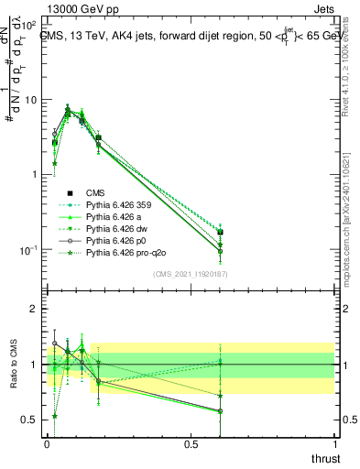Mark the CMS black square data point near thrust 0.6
click(x=220, y=233)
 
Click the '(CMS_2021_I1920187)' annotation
click(x=190, y=273)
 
